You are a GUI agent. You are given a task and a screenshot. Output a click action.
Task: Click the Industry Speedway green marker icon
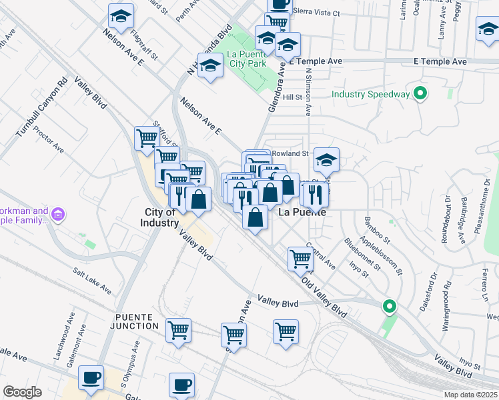click(x=420, y=94)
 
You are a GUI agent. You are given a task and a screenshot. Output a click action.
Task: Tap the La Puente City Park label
click(x=246, y=59)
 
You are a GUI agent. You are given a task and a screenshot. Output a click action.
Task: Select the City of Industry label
click(x=160, y=217)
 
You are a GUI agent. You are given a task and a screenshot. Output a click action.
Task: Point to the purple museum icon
click(x=57, y=215)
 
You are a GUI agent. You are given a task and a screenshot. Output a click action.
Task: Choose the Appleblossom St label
click(x=382, y=254)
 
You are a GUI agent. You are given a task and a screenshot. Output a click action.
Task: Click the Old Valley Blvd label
click(x=324, y=299)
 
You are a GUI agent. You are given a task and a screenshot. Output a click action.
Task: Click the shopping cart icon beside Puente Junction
click(x=179, y=330)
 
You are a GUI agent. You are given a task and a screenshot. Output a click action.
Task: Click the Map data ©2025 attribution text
click(x=471, y=395)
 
